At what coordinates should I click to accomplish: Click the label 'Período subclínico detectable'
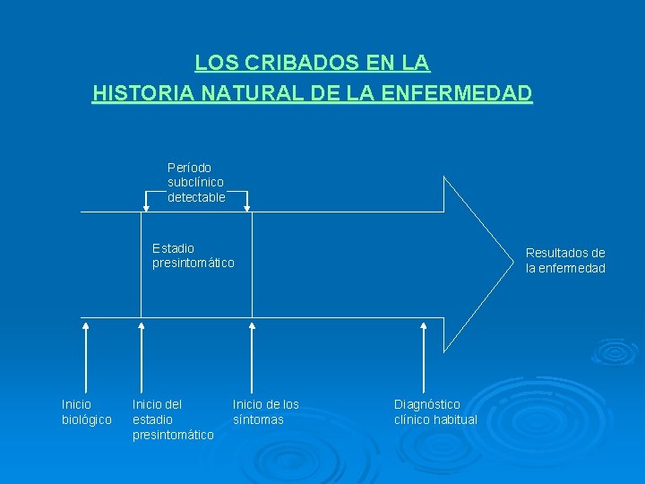click(196, 182)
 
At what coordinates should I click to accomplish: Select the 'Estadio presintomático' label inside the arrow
click(193, 255)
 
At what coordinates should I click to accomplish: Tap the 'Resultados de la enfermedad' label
click(565, 261)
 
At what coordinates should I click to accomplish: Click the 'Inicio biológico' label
click(86, 412)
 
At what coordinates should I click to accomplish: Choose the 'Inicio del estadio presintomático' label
click(173, 419)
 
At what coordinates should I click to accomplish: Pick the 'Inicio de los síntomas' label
click(266, 412)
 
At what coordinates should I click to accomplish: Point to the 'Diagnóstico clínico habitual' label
click(435, 412)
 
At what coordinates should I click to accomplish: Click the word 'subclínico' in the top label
click(195, 182)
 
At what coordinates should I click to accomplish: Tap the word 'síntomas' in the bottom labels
click(258, 419)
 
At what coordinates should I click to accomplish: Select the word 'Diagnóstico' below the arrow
click(427, 404)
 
